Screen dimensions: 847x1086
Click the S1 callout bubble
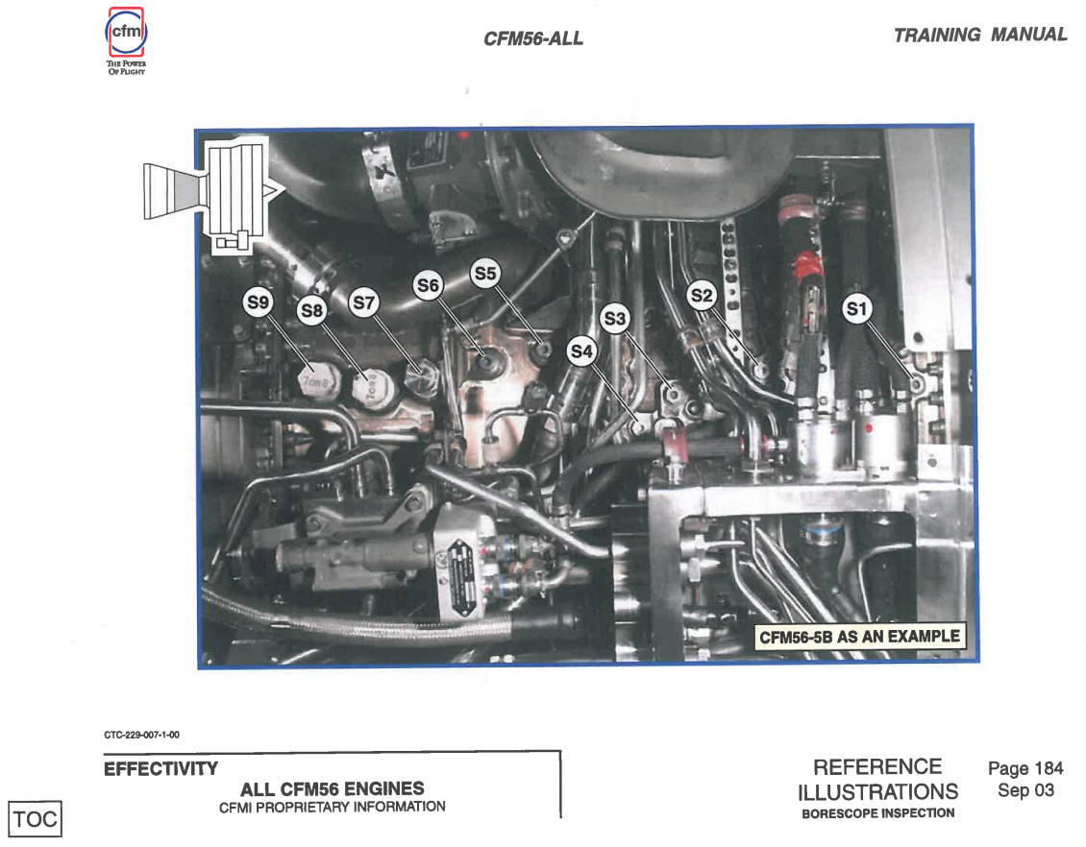856,308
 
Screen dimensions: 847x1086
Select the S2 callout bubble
703,294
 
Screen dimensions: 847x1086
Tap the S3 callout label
615,319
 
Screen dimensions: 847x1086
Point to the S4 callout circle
581,351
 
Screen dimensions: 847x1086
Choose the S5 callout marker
485,274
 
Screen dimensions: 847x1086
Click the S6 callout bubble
428,286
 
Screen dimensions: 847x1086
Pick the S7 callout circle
363,302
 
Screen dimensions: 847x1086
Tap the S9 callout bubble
258,303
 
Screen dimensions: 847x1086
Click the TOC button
36,819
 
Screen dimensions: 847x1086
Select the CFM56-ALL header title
533,39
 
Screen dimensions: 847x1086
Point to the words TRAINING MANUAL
979,36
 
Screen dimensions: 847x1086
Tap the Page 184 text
1025,768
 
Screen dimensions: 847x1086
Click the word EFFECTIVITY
160,769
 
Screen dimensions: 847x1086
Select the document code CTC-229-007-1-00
141,736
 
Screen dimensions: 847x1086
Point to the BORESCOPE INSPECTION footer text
877,813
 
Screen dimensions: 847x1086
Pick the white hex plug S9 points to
316,382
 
